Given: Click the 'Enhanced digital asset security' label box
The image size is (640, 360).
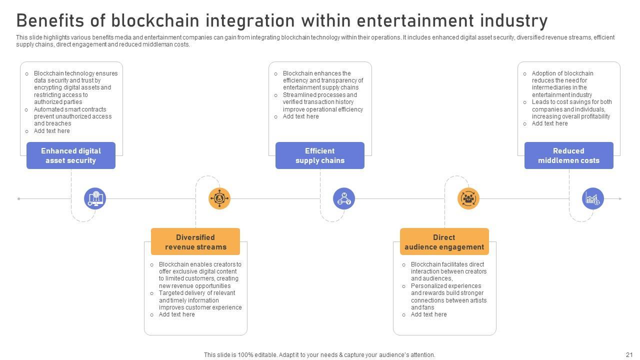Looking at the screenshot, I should pos(71,155).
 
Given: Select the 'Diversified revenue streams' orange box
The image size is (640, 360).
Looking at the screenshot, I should pos(195,242).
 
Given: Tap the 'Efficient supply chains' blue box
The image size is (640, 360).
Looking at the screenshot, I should pos(320,155).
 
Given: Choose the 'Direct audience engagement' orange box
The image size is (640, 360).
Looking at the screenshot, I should pos(444,242).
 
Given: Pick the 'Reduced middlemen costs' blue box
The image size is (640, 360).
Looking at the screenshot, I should pos(569,155).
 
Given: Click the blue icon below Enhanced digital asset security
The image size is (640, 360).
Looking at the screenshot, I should pos(95,198).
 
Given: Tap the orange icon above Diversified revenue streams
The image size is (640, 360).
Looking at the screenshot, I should pos(219,198).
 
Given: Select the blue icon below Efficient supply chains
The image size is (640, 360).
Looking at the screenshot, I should pos(344,198).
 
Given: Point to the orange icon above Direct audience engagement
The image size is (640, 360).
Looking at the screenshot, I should pos(468,198).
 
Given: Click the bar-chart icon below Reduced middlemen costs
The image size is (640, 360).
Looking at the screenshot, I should pos(593,198).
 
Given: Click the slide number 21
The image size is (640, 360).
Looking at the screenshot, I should pos(629,354).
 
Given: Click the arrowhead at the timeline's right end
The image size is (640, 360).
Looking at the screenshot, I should pos(620,198).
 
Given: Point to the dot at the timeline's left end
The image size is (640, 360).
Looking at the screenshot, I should pos(19,198).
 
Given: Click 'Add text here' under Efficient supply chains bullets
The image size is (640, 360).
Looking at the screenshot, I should pos(300,116).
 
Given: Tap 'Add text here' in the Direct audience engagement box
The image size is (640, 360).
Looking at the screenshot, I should pos(428,314).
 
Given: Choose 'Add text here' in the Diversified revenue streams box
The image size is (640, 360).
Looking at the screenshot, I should pos(176,314).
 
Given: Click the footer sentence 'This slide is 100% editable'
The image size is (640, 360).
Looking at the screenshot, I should pos(319,354).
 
